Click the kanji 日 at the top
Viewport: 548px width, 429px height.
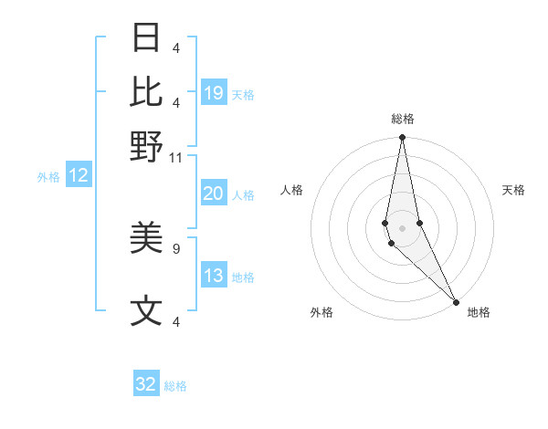147,38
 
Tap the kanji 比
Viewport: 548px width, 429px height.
147,92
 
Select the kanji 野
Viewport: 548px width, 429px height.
147,146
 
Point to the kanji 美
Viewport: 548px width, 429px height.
147,239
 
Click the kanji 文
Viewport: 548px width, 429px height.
147,311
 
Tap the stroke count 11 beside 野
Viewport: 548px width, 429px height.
176,158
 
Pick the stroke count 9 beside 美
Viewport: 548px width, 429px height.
176,246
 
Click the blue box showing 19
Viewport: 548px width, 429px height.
214,93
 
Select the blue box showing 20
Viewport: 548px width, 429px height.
214,194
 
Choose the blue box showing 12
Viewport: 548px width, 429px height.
79,176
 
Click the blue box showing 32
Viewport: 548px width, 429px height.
146,384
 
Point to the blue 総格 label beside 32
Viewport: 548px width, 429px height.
175,386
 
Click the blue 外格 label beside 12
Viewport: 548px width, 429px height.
47,177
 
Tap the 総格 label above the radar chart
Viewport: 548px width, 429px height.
402,119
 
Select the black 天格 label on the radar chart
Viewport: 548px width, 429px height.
513,190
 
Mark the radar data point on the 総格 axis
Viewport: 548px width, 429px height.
402,138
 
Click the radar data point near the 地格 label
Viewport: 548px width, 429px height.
457,301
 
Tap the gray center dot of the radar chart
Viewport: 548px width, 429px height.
402,227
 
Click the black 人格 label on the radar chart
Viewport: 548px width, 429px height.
291,190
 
